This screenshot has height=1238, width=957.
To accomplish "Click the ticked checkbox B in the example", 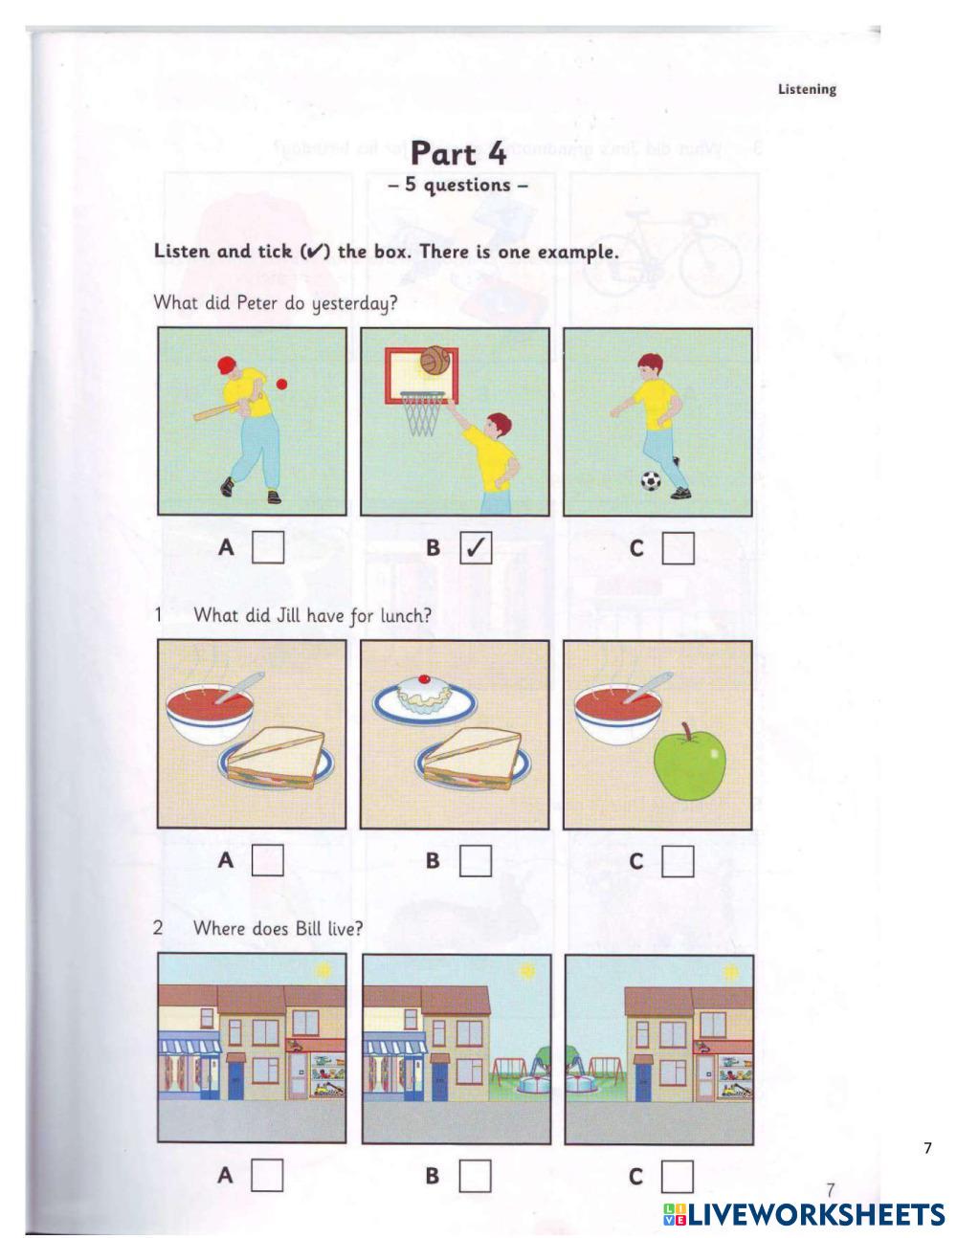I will (x=476, y=548).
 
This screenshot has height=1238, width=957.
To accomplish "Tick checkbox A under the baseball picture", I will (x=268, y=548).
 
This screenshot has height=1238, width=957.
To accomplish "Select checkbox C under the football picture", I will (x=678, y=548).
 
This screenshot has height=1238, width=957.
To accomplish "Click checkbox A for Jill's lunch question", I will (x=268, y=860).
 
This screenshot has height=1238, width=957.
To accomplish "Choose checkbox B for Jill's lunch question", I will (x=476, y=860).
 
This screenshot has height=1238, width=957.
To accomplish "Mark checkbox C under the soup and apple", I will (x=678, y=860).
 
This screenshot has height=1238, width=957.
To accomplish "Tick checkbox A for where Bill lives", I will (x=268, y=1174).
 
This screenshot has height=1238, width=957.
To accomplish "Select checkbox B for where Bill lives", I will (x=476, y=1174).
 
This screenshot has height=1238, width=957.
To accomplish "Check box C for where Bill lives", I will (x=678, y=1174).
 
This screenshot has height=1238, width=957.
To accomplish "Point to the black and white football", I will (x=651, y=479).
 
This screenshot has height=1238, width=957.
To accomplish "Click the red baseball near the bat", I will (x=281, y=384).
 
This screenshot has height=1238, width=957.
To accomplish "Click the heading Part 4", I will (x=457, y=153).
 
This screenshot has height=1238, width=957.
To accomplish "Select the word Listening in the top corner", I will (x=807, y=90).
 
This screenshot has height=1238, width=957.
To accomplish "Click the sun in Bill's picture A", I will (x=323, y=970).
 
